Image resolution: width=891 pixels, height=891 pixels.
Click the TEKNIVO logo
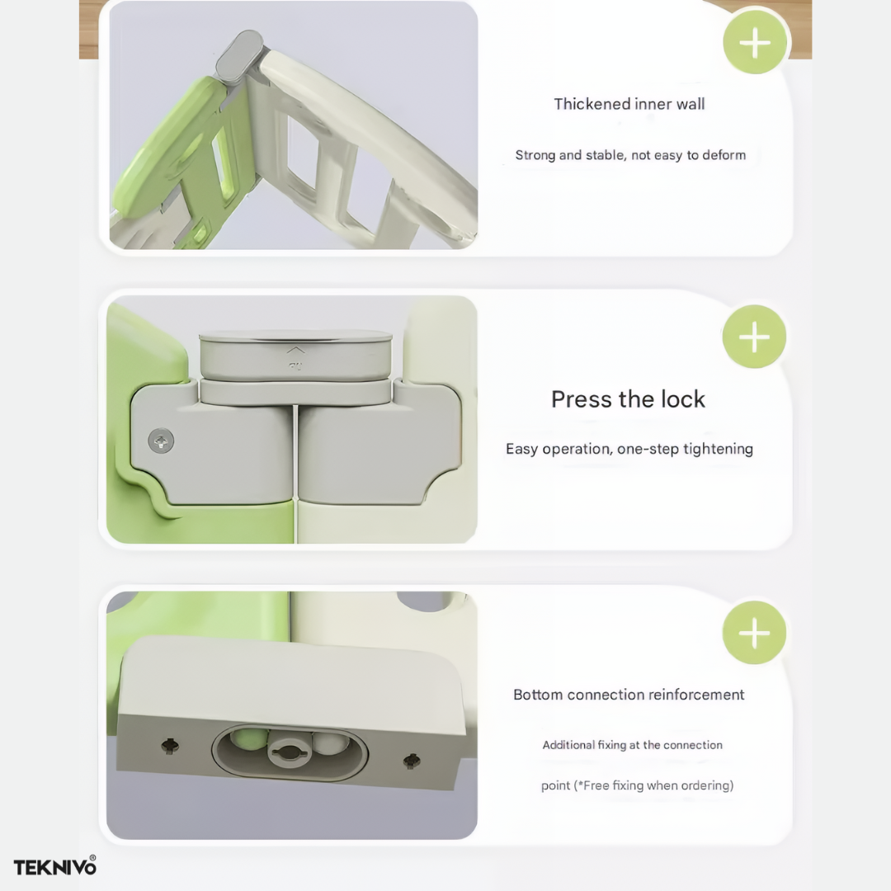tap(55, 866)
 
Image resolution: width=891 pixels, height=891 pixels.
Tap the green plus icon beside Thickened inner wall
tap(755, 43)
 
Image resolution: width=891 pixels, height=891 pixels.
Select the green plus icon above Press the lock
tap(754, 337)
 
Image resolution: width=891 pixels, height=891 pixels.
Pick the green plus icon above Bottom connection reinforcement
tap(754, 633)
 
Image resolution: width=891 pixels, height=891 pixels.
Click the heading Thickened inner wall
tap(629, 104)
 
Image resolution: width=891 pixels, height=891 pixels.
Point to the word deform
tap(724, 155)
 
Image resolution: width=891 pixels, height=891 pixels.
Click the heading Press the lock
tap(628, 399)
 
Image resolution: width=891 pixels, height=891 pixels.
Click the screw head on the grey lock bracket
tap(161, 441)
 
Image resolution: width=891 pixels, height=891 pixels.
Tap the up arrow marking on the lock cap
tap(295, 351)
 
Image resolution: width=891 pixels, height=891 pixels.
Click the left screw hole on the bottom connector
tap(170, 744)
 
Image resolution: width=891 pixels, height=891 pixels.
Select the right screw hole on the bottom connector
tap(412, 761)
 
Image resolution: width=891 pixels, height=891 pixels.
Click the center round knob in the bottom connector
tap(290, 752)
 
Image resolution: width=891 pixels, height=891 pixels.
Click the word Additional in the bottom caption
tap(568, 745)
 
